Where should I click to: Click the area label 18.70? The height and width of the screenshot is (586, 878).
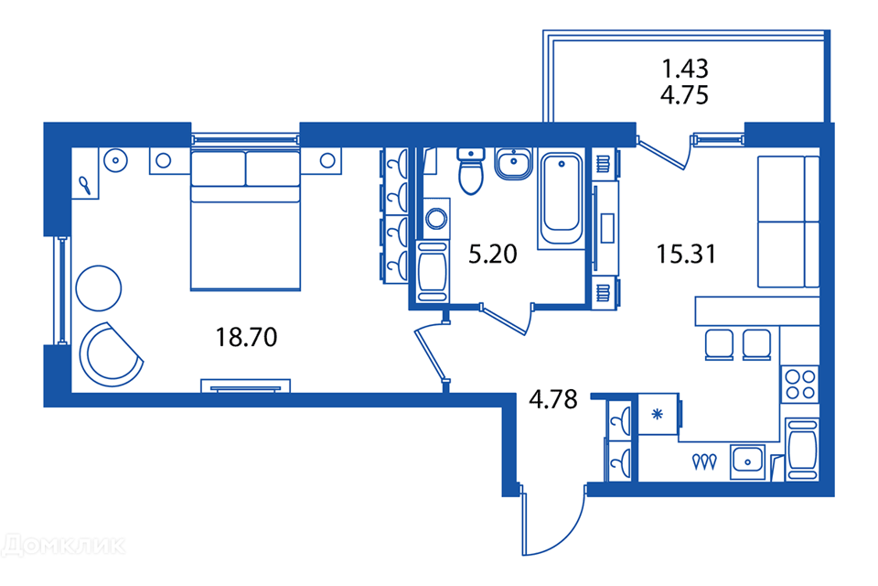246,338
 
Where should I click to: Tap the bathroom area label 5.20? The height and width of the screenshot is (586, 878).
493,254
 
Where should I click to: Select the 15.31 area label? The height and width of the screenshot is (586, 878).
686,254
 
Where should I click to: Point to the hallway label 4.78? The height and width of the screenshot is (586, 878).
553,399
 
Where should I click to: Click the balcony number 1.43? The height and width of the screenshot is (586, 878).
685,69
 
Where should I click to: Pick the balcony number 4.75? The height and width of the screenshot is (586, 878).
685,95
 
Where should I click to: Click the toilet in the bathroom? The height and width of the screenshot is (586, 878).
471,171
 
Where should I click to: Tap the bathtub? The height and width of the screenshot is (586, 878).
561,199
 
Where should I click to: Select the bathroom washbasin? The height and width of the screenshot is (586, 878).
513,164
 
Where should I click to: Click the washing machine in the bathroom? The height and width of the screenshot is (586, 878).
436,218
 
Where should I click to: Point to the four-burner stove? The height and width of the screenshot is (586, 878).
800,385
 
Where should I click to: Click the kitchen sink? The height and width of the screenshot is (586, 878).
747,462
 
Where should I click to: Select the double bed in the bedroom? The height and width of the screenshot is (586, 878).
246,219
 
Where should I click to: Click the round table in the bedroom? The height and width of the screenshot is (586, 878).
99,288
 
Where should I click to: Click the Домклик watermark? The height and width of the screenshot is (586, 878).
63,545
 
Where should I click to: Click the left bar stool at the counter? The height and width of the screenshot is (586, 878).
719,344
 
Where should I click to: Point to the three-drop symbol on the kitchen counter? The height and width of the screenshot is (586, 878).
704,461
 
